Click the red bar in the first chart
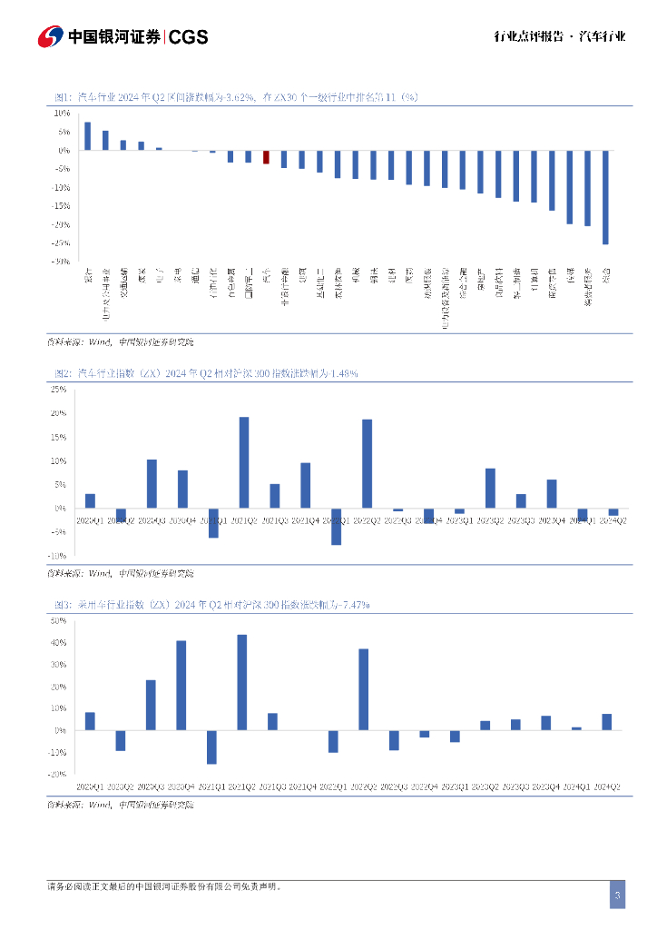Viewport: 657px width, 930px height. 266,157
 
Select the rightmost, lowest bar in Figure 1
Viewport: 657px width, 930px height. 605,197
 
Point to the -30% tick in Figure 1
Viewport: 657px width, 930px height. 62,262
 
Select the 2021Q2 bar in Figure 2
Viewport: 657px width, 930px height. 244,462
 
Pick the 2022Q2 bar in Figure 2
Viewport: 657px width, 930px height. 367,463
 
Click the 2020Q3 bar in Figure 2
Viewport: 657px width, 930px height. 152,483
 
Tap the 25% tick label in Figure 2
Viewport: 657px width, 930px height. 58,390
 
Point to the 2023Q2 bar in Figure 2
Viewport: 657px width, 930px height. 490,488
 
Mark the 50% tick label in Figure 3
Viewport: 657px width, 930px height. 58,621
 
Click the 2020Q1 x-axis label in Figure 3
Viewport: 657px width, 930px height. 90,787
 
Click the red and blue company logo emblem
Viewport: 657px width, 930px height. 50,36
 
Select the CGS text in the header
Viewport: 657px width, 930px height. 189,37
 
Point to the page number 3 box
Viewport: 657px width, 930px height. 617,895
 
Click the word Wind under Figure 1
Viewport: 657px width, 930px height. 99,342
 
